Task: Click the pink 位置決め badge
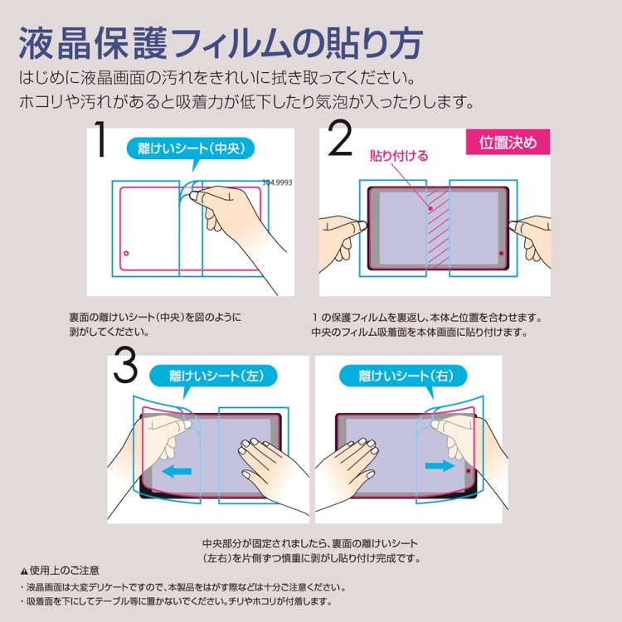point(508,142)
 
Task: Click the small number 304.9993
point(277,182)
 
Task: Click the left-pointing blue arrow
point(176,471)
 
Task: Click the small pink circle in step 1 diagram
point(126,252)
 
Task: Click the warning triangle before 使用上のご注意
point(23,571)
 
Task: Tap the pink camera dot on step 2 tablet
point(501,252)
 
